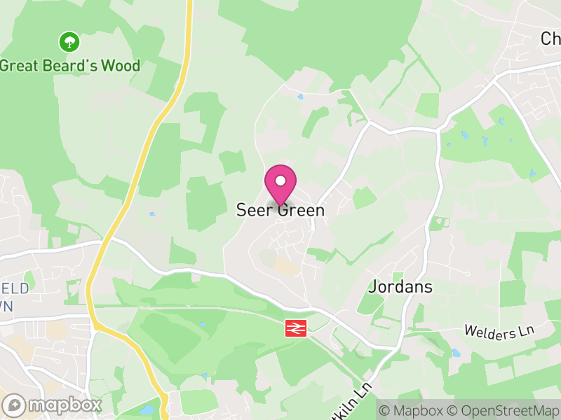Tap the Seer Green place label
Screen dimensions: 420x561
[280, 210]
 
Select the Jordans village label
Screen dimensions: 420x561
[400, 287]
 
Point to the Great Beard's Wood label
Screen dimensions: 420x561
[70, 66]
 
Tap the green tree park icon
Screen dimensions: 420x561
[69, 42]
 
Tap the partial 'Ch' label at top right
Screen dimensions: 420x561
[550, 38]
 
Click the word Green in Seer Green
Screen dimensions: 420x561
[302, 210]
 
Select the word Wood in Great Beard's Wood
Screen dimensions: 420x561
[121, 66]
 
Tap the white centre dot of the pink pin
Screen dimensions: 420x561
[280, 181]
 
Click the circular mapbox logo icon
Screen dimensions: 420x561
[14, 405]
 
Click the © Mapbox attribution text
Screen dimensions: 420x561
[410, 409]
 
